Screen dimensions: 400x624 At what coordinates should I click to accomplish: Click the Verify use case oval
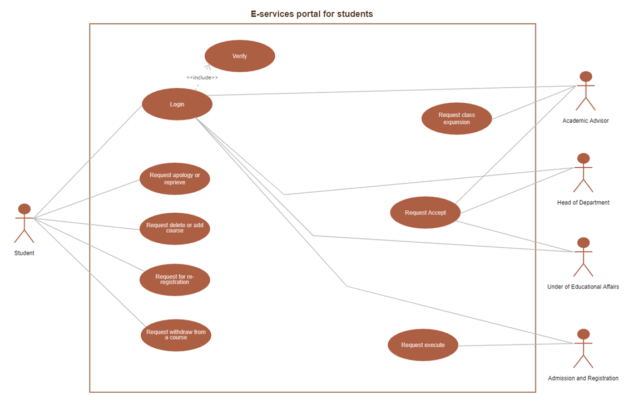240,56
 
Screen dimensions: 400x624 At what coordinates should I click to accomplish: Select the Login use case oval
177,104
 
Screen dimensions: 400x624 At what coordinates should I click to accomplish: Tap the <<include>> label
202,78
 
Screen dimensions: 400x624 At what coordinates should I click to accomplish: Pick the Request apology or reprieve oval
175,178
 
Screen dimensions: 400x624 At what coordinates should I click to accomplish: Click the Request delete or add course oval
175,228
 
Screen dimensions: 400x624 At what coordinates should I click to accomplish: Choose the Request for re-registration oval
175,279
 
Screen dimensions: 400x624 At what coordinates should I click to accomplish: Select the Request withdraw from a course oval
176,334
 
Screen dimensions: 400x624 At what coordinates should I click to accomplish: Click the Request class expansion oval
457,119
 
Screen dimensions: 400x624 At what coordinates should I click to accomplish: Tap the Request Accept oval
425,212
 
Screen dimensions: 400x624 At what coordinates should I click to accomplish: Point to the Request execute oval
423,345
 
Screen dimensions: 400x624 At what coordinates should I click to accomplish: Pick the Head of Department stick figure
583,173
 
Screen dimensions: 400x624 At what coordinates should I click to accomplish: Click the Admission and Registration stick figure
583,348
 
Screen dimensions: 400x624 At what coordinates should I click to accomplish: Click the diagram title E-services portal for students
311,14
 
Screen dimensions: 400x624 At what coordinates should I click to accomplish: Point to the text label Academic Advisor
585,121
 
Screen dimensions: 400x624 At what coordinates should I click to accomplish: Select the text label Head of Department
583,203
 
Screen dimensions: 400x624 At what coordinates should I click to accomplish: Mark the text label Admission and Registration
583,378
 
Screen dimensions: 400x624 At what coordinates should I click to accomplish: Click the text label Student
24,253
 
